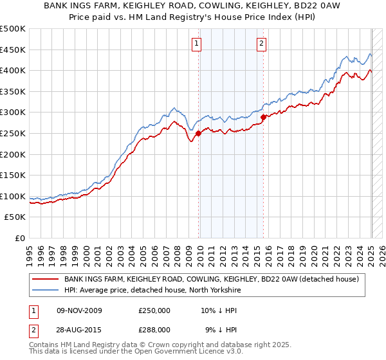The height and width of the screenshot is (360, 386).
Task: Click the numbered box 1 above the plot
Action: point(196,44)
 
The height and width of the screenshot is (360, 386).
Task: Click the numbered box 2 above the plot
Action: point(262,44)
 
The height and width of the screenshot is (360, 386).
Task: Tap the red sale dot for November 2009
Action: point(198,133)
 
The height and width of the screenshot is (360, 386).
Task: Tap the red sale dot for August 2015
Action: point(264,117)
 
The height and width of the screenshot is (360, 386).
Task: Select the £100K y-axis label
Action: point(13,196)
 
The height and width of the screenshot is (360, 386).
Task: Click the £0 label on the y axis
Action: point(19,238)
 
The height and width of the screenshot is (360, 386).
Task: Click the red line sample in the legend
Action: point(46,279)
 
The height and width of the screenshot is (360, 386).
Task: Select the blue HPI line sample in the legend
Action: point(46,290)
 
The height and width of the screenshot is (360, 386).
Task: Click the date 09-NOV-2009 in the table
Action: point(79,310)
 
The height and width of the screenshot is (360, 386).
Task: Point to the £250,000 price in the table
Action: point(154,310)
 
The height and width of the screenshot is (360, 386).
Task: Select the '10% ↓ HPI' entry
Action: point(219,310)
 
